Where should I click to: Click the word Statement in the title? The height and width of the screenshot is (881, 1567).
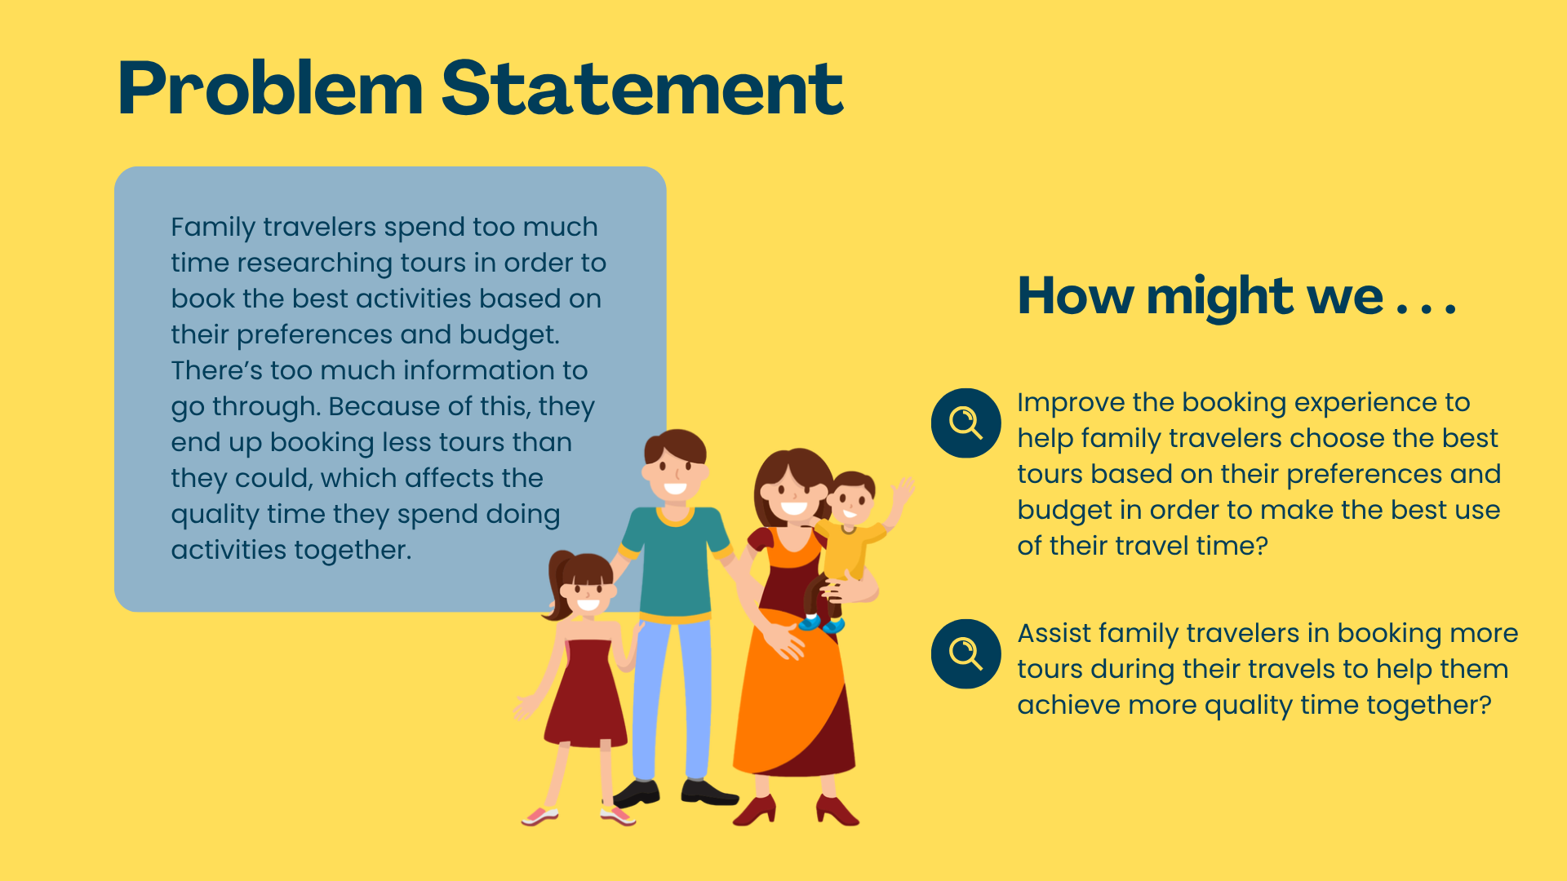642,88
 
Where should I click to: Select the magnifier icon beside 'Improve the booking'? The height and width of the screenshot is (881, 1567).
966,423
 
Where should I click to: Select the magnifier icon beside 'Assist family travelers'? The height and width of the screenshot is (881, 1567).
966,653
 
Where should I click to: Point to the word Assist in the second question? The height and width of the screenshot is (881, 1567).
1054,633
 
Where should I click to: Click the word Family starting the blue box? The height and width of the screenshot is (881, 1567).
213,228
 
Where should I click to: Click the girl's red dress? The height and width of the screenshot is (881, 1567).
586,693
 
